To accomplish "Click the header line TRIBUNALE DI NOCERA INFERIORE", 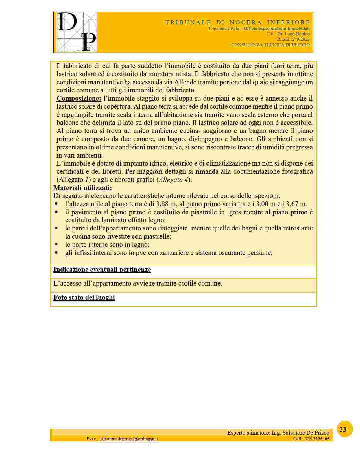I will point(238,22).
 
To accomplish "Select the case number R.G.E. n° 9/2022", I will point(293,39).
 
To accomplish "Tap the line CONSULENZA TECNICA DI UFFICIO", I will point(270,45).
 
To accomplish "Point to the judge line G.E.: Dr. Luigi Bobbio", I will point(288,34).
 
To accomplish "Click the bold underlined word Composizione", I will point(79,99).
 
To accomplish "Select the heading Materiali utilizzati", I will point(82,188).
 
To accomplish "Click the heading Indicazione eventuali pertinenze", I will point(102,269).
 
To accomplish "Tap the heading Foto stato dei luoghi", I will point(84,297).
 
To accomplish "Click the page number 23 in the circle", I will point(343,430).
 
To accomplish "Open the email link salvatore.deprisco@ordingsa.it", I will point(129,439).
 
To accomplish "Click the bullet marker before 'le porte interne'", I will point(56,244).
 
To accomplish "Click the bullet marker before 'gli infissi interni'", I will point(56,252).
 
